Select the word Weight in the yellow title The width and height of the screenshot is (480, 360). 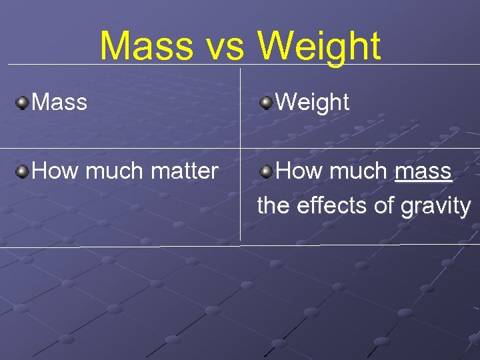click(319, 47)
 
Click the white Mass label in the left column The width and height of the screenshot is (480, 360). click(59, 102)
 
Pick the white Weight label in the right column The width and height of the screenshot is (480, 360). click(312, 102)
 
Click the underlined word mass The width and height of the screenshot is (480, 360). click(423, 171)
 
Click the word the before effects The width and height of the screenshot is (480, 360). click(273, 206)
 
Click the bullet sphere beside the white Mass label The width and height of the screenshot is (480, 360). click(23, 103)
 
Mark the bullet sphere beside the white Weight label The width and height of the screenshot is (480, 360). click(267, 103)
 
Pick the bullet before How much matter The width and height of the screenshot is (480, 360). click(23, 172)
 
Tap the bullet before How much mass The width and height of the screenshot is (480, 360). click(267, 172)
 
